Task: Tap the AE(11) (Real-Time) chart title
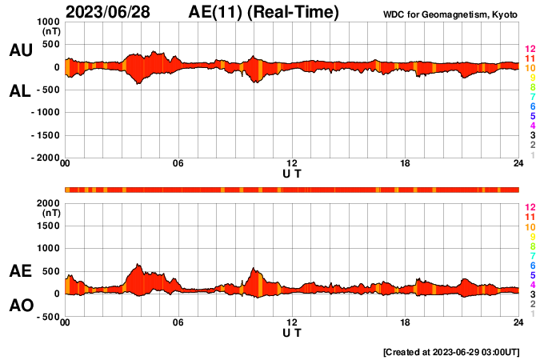264,12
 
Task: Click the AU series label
20,50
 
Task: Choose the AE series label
20,272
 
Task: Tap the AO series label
20,305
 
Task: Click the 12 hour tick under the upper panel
292,164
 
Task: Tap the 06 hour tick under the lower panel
178,322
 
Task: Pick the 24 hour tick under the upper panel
518,164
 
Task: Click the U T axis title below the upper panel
292,174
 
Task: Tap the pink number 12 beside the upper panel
530,50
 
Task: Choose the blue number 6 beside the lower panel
531,264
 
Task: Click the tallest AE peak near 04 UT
138,265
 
